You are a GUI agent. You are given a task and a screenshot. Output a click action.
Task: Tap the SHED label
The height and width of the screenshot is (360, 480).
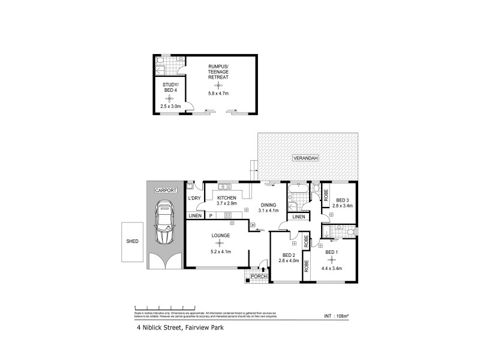point(133,241)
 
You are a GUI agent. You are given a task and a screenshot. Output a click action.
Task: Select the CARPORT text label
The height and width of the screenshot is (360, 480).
point(166,190)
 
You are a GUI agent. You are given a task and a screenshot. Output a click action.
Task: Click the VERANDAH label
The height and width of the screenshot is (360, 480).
point(305,158)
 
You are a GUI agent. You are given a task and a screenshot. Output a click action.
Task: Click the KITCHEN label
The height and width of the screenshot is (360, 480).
point(226,198)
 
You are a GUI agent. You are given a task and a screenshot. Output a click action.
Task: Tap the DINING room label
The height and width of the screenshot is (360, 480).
point(268,205)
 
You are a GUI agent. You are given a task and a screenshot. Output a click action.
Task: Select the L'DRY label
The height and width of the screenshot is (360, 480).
point(194,199)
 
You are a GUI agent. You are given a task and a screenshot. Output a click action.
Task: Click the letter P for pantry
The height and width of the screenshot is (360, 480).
point(210,215)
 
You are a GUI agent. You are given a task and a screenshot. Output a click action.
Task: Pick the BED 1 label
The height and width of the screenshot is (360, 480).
point(332,253)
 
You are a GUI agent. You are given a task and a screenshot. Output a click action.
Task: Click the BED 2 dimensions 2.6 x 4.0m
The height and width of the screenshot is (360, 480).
point(289,261)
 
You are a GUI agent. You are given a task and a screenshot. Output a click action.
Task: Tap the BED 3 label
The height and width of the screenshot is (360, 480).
point(343,200)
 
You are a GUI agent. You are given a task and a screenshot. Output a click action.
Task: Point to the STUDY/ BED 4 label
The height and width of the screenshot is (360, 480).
point(170,88)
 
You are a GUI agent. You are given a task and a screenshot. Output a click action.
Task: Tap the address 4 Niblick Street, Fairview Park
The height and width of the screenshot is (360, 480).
point(179,328)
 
